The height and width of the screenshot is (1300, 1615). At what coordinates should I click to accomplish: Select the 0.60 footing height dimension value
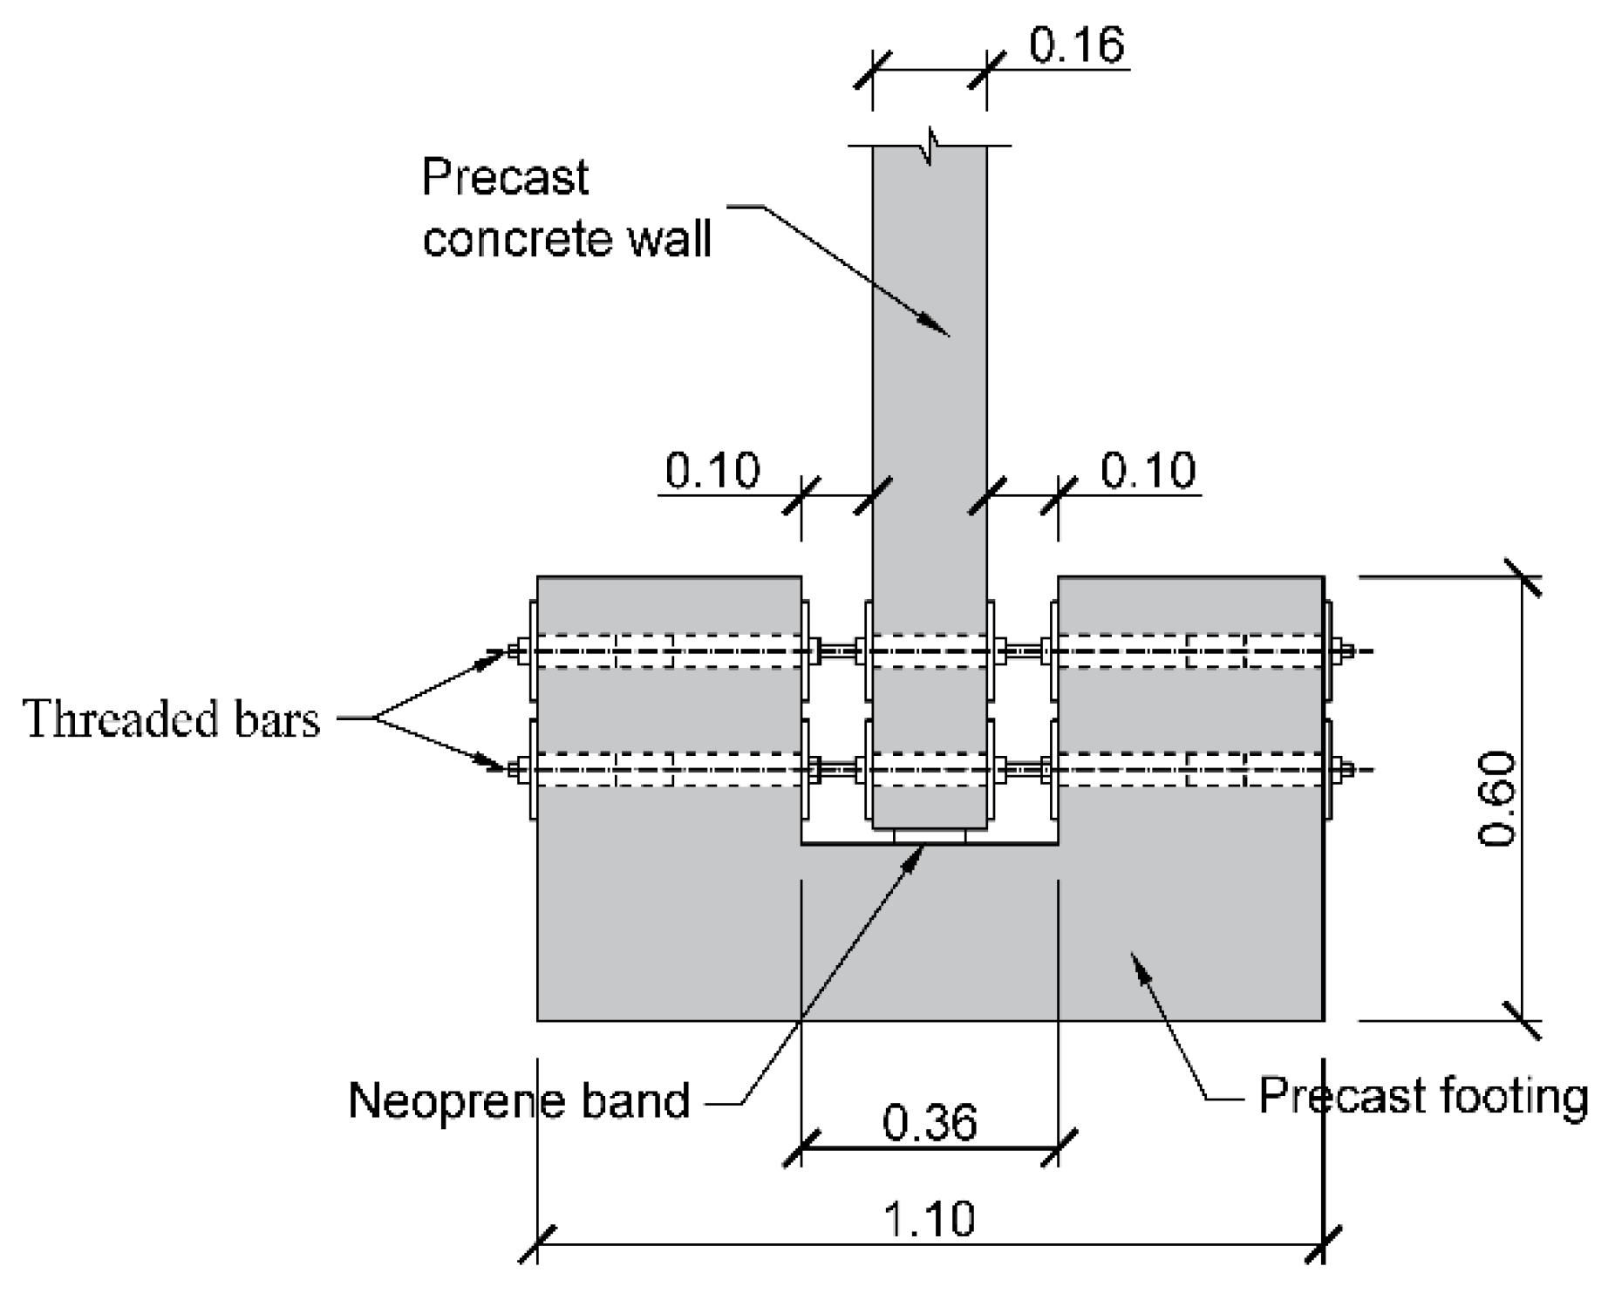coord(1496,799)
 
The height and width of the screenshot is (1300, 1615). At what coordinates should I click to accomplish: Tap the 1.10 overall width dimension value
coord(929,1218)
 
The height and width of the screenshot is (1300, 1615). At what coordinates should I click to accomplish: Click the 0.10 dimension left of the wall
coord(712,471)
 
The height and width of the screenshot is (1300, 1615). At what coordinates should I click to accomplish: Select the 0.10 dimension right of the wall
coord(1148,471)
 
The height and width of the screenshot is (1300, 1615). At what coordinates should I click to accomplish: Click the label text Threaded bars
coord(172,720)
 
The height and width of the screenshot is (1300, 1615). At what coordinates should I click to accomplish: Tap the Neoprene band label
coord(518,1100)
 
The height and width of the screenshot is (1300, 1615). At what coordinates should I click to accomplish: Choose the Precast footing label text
coord(1423,1095)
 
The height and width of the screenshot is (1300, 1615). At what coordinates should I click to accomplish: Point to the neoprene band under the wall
coord(930,837)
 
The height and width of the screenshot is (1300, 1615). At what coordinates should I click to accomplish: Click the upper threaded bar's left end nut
coord(514,650)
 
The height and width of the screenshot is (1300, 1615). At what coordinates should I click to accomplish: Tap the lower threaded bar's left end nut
coord(514,769)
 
